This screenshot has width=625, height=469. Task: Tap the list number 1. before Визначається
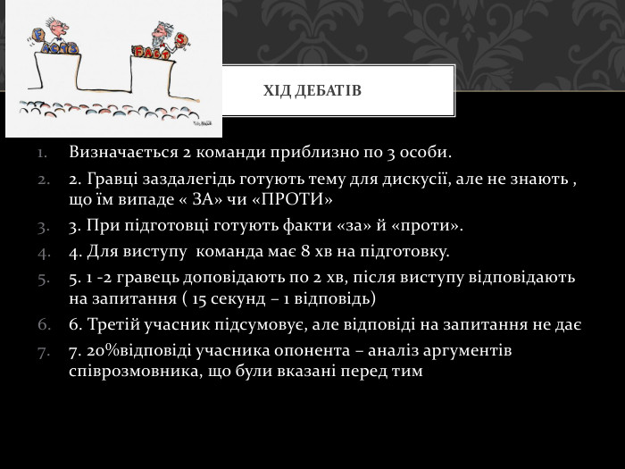pos(45,151)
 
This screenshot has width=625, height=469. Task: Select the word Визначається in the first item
pos(121,150)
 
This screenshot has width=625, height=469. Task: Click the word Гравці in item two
pos(111,179)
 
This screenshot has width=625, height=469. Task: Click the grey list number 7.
pos(45,351)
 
